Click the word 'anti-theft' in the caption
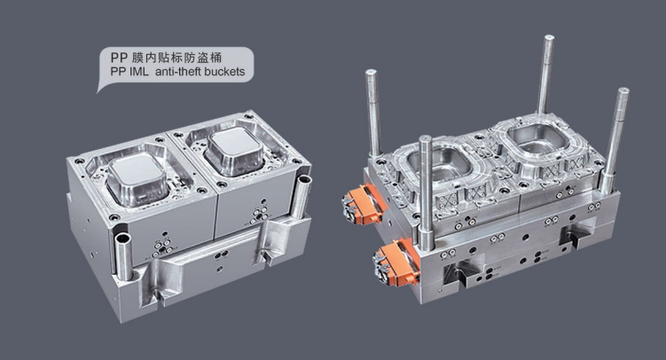[177, 71]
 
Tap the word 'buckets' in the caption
[224, 71]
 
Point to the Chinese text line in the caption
[166, 58]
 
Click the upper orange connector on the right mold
[363, 204]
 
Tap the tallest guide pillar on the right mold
[545, 75]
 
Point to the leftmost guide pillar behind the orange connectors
[373, 113]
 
